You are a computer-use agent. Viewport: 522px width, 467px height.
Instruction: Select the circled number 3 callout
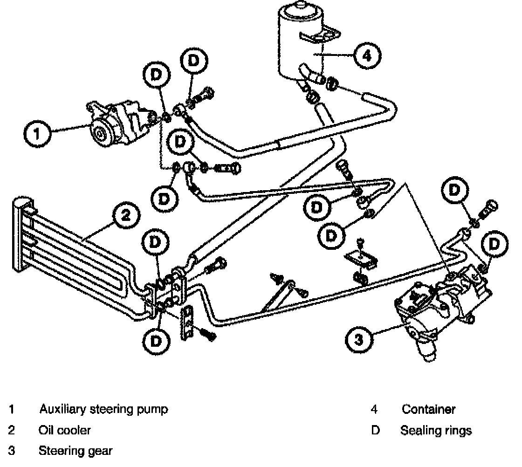(x=358, y=339)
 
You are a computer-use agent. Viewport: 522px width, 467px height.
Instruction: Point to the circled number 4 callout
(x=367, y=56)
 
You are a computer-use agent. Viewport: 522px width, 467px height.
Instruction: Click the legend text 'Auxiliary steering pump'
(x=103, y=410)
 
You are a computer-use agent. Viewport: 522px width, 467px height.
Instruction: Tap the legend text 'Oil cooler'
(x=64, y=430)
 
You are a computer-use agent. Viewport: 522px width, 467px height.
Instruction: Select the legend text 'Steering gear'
(x=75, y=451)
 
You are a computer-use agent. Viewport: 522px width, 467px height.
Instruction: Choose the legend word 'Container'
(x=428, y=410)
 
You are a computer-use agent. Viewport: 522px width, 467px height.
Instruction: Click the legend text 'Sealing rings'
(x=436, y=430)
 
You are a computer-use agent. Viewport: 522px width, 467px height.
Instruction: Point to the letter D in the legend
(x=376, y=430)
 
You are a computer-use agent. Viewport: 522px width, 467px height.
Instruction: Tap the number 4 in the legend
(x=374, y=410)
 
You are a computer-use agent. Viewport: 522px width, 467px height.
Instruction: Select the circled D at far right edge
(x=495, y=244)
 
